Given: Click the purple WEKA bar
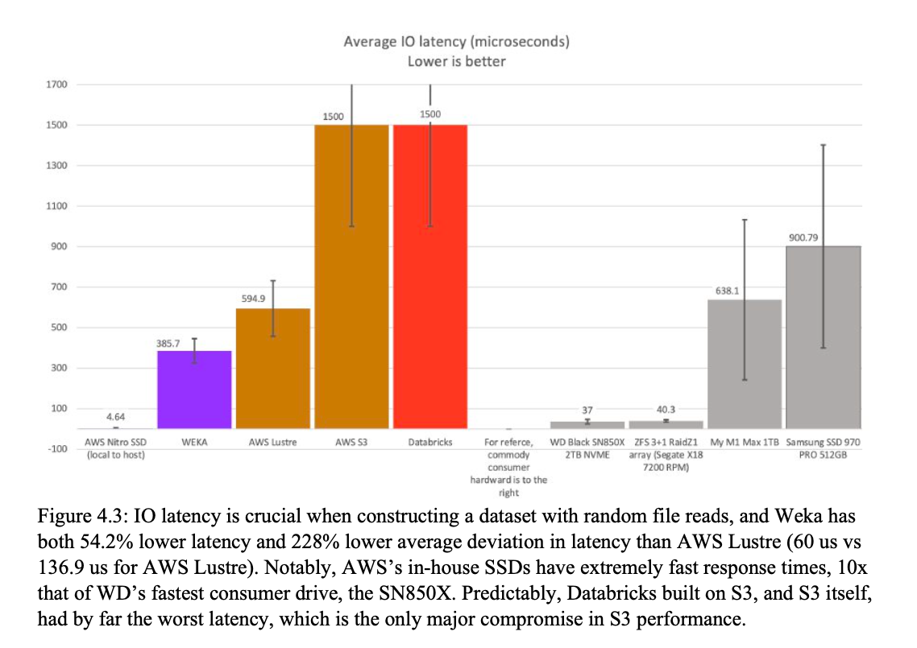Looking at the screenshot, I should (194, 390).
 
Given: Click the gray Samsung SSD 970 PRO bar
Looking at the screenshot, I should (823, 337).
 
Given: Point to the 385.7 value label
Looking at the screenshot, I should (168, 343).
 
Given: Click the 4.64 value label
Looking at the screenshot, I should (115, 417).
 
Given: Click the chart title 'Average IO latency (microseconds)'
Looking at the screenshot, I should (456, 42).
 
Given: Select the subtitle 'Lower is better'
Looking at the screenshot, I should (456, 61).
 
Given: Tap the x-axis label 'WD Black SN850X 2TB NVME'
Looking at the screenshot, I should (586, 448).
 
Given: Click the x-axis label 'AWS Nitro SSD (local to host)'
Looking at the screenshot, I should (115, 448).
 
